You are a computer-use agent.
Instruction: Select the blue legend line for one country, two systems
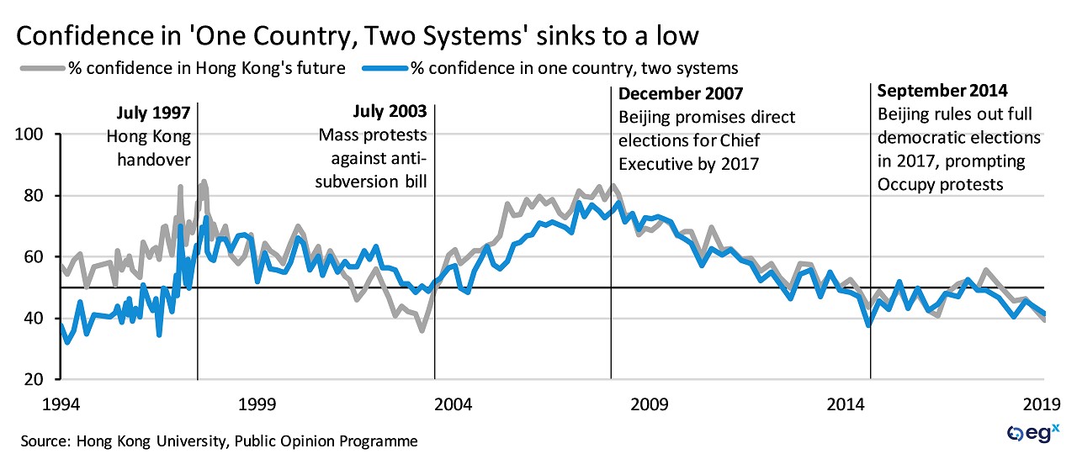(379, 68)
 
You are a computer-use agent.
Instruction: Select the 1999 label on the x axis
(257, 404)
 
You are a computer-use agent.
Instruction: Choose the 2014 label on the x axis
(848, 404)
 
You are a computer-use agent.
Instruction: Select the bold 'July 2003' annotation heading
(390, 112)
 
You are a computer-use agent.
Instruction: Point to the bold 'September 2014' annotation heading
(942, 91)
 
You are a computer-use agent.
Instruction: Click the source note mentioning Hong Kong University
(219, 440)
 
